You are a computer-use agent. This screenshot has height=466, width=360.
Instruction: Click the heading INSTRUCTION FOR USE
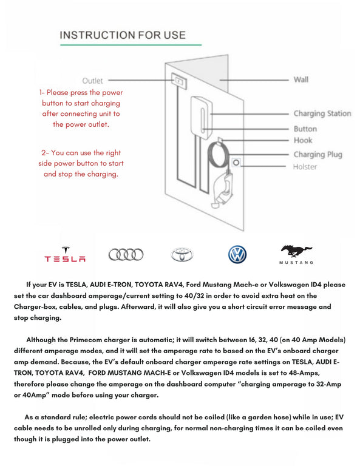coord(122,35)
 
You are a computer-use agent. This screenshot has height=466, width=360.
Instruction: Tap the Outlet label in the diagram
coord(93,80)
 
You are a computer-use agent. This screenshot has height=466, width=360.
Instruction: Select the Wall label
coord(301,79)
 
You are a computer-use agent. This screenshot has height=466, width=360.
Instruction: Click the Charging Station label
coord(322,113)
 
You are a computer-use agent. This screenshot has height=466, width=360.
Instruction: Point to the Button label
coord(305,129)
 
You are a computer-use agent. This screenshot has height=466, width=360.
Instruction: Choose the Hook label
coord(303,140)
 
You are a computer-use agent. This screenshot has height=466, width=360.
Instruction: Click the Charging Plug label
coord(318,154)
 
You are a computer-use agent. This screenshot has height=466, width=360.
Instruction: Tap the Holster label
coord(305,167)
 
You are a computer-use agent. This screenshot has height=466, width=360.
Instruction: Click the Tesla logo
coord(65,255)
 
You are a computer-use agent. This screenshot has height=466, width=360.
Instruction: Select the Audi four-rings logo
coord(126,255)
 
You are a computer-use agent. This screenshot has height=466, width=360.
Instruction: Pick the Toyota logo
coord(182,255)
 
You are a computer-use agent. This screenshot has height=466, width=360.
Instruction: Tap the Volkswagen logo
coord(237,254)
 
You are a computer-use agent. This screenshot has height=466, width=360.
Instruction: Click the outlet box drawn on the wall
coord(178,79)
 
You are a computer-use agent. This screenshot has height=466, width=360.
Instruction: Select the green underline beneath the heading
coord(130,45)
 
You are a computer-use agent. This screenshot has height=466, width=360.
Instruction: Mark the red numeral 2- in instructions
coord(38,153)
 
